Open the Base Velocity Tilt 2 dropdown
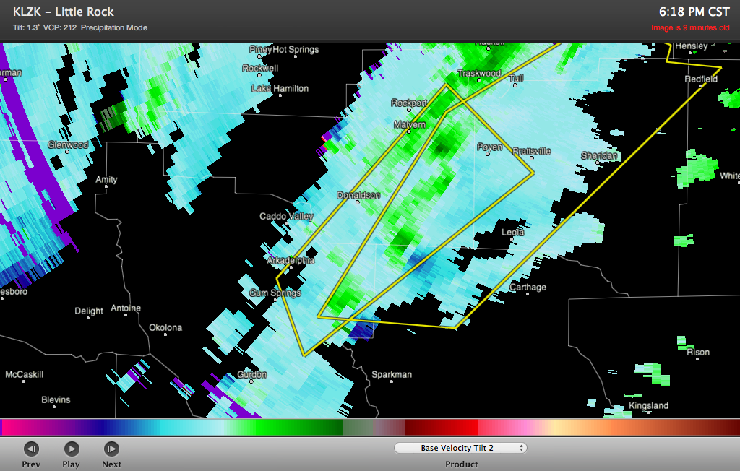(x=460, y=448)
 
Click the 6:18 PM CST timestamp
(x=694, y=12)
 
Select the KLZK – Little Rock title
(x=64, y=12)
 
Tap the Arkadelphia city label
(x=291, y=260)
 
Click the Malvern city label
(x=410, y=125)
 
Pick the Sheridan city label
(x=600, y=155)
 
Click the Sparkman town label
(x=391, y=374)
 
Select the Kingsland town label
(x=648, y=405)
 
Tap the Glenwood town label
(x=68, y=144)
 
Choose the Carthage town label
(x=528, y=287)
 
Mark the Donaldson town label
(x=358, y=195)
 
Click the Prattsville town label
(x=531, y=151)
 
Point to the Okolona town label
(x=165, y=327)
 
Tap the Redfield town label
(x=701, y=79)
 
